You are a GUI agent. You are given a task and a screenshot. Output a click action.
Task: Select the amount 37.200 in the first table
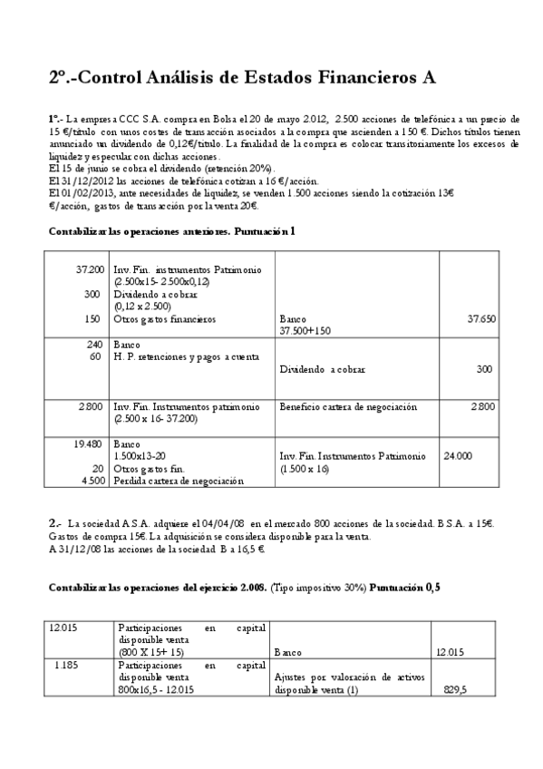[88, 270]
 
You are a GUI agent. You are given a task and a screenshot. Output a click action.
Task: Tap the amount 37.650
[480, 319]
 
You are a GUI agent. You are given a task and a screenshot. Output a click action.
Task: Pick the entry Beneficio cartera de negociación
[348, 407]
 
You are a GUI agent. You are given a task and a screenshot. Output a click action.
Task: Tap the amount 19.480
[87, 444]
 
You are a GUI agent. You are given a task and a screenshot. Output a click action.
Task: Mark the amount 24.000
[457, 456]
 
